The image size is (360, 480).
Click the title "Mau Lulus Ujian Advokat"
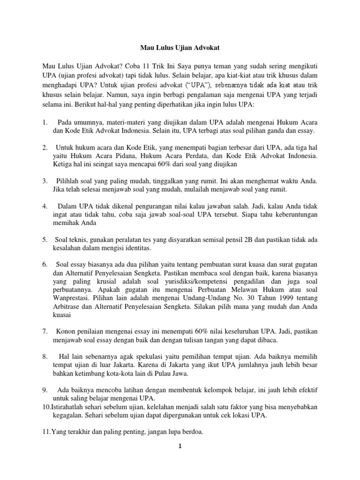180,48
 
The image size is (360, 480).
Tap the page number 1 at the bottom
180,447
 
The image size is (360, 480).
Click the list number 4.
44,206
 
